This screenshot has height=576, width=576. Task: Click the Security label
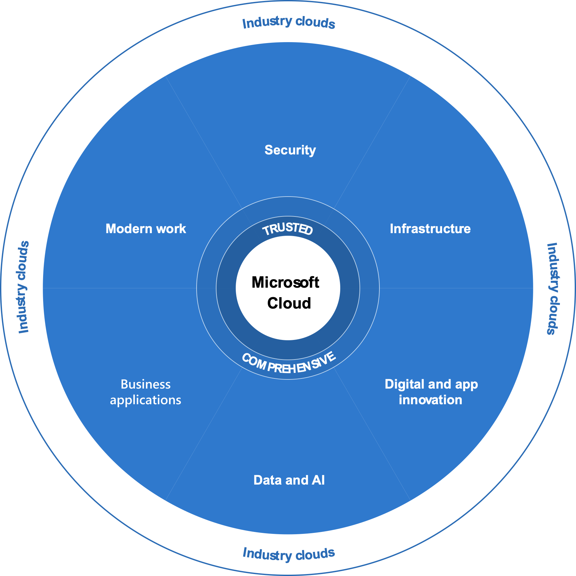290,150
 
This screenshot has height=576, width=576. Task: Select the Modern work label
146,229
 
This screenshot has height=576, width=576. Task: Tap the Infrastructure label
430,229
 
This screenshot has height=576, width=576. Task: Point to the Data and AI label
289,480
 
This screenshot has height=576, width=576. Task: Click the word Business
146,384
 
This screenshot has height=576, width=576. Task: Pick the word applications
146,400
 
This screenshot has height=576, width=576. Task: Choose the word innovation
430,400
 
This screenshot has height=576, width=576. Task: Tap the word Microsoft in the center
285,282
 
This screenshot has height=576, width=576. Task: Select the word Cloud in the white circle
289,303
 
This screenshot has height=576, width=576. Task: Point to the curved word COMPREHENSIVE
289,364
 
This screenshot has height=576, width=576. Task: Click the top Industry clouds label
289,23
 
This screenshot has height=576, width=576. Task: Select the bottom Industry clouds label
289,554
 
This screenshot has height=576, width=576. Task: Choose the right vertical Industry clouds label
553,289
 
